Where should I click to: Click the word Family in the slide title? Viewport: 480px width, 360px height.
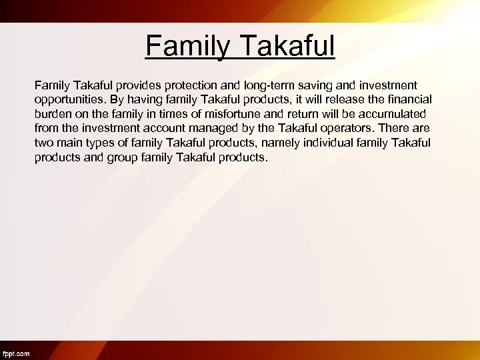click(x=186, y=47)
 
